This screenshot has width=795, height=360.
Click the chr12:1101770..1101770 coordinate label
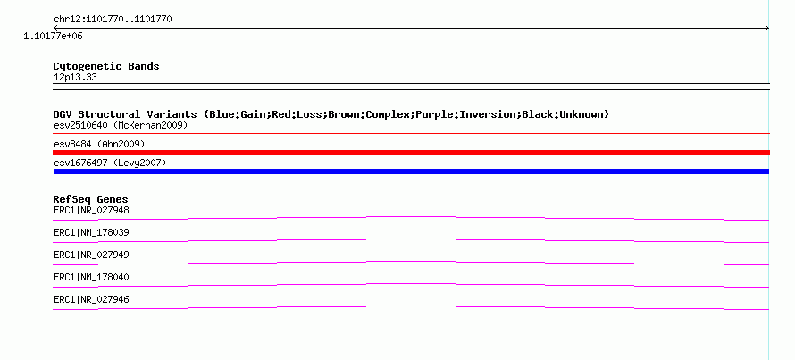tap(113, 20)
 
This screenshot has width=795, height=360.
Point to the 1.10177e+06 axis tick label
tap(53, 37)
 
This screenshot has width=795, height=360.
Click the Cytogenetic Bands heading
tap(106, 66)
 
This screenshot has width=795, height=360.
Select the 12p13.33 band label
tap(75, 78)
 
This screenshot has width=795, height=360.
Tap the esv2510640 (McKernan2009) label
tap(121, 125)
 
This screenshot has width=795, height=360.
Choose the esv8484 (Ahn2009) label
tap(99, 145)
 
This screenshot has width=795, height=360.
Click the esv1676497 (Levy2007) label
tap(110, 163)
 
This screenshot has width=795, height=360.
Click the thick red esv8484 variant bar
tap(411, 153)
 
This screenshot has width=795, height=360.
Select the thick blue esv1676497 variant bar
tap(411, 172)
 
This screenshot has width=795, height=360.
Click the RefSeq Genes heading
tap(91, 199)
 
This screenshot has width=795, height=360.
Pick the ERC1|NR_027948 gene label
tap(91, 210)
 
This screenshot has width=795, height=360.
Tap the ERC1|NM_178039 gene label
tap(91, 233)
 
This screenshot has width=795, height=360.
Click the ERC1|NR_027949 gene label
tap(91, 255)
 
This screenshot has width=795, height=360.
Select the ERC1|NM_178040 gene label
tap(91, 277)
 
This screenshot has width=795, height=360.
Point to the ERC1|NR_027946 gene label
tap(91, 299)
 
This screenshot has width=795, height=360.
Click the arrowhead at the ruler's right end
tap(768, 29)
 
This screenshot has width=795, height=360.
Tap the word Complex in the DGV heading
tap(389, 115)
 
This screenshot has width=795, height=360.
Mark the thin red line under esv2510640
tap(411, 134)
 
